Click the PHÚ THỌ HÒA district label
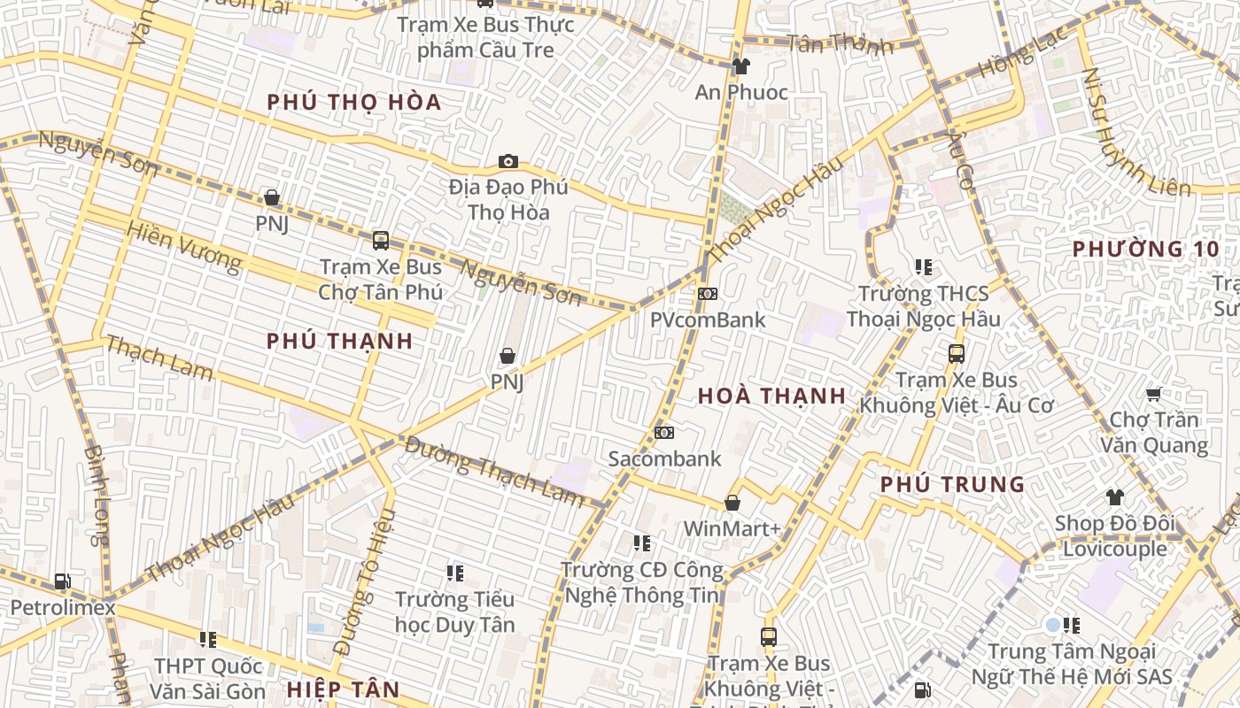click(353, 103)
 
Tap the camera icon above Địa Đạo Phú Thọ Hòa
click(508, 161)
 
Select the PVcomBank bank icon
click(707, 294)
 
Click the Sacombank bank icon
click(664, 433)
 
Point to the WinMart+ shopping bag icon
click(732, 503)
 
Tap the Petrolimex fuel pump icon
click(62, 581)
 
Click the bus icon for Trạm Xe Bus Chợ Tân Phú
click(381, 240)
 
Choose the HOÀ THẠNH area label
click(771, 396)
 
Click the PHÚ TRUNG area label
click(952, 485)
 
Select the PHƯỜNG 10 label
click(1145, 250)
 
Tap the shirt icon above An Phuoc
click(740, 65)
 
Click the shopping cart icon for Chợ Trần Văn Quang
click(1153, 393)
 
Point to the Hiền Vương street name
click(183, 245)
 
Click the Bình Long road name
click(97, 496)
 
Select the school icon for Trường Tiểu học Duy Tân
click(455, 573)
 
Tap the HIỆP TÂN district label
click(343, 689)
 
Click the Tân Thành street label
click(840, 44)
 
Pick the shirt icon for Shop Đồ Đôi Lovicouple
click(1114, 497)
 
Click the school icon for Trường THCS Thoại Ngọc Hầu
click(924, 266)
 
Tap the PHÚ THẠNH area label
click(339, 342)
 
